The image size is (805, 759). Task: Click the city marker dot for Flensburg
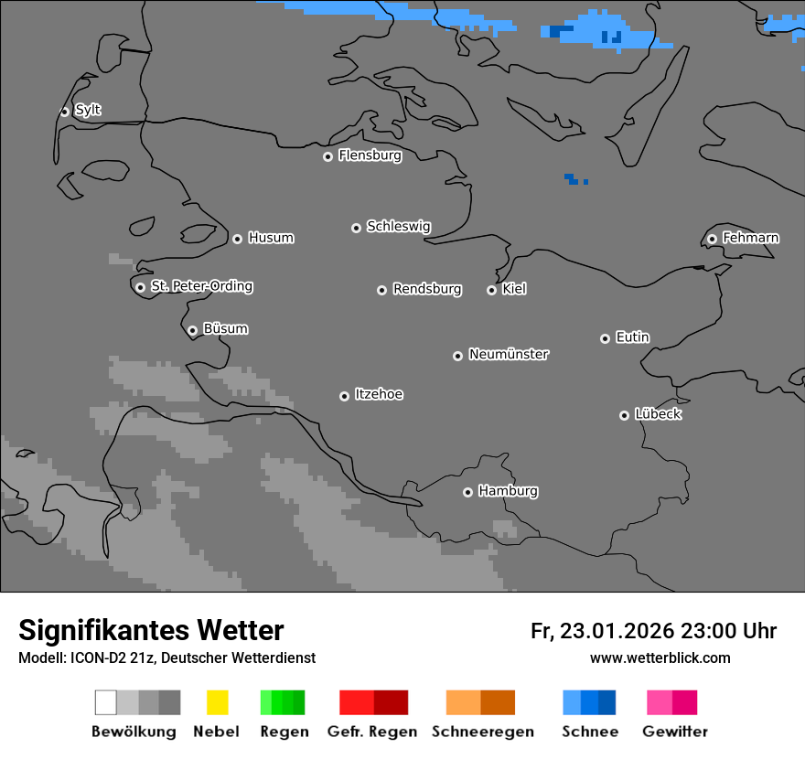tap(327, 156)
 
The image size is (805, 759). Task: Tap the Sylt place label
tap(88, 110)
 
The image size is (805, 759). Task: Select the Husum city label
tap(271, 238)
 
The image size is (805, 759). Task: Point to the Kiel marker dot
tap(491, 290)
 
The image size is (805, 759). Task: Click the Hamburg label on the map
tap(508, 491)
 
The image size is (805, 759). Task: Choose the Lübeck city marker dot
tap(624, 415)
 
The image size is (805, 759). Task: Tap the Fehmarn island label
tap(750, 238)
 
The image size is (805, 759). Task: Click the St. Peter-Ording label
tap(201, 286)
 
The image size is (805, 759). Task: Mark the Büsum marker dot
tap(192, 330)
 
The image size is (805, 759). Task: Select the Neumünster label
tap(509, 354)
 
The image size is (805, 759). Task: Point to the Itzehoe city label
tap(379, 394)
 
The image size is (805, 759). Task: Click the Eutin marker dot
tap(605, 338)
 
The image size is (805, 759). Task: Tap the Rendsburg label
tap(427, 289)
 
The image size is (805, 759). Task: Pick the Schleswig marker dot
tap(356, 228)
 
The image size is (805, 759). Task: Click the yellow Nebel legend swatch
tap(217, 702)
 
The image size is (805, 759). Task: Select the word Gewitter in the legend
tap(674, 732)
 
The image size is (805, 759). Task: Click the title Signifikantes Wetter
tap(151, 630)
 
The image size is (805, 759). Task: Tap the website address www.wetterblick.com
tap(660, 657)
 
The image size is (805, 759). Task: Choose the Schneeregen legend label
tap(482, 732)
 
